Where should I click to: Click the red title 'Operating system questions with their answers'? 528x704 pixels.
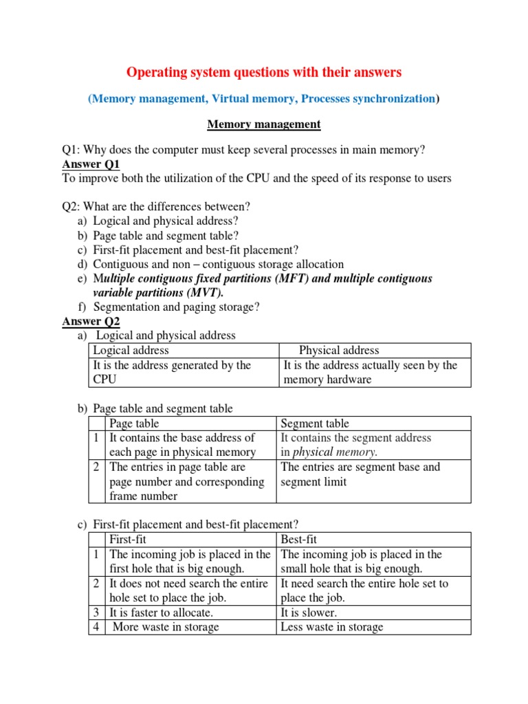click(264, 71)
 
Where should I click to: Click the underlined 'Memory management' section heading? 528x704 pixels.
click(264, 124)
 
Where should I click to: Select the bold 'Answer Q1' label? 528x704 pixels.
click(91, 164)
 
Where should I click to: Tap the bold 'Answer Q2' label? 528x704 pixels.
click(91, 322)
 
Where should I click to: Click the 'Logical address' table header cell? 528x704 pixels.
click(131, 351)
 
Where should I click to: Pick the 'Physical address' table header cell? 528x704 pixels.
click(339, 351)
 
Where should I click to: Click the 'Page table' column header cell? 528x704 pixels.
click(135, 423)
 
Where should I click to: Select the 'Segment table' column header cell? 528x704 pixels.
click(315, 423)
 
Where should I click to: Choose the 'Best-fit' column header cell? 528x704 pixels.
click(299, 540)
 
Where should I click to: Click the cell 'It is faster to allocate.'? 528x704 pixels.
click(162, 613)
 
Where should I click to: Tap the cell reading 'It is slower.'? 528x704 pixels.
click(309, 613)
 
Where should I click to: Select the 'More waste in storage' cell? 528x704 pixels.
click(166, 627)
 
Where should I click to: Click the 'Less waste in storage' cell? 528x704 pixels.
click(332, 627)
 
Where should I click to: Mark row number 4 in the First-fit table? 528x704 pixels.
click(97, 627)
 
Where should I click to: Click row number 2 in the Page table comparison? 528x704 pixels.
click(97, 467)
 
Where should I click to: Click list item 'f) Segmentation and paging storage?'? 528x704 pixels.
click(176, 307)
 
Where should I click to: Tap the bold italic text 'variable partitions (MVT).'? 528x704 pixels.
click(158, 293)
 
